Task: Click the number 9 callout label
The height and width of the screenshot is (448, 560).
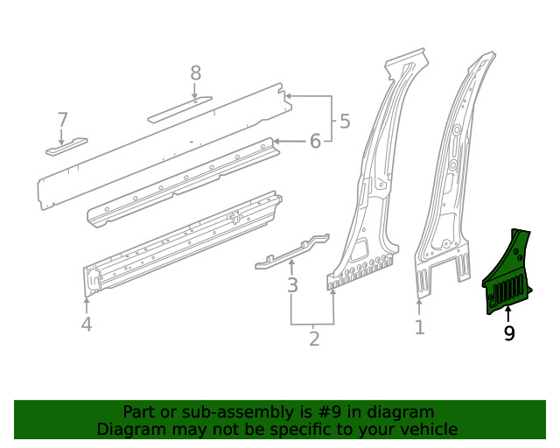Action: pos(508,332)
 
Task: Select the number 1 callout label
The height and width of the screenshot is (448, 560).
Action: pos(420,327)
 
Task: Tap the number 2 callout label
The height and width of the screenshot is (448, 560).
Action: pos(314,338)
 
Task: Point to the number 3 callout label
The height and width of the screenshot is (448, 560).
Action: pos(292,285)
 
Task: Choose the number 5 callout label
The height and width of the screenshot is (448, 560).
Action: pos(315,140)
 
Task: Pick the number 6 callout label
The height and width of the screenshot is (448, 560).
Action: pos(62,119)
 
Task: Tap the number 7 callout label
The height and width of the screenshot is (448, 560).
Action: pos(195,73)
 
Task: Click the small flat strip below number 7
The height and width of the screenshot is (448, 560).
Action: pos(67,145)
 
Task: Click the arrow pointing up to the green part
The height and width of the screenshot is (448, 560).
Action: pos(508,314)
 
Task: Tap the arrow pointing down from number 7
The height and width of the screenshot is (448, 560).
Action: pos(61,136)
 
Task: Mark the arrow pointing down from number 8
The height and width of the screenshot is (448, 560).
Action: pos(195,91)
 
